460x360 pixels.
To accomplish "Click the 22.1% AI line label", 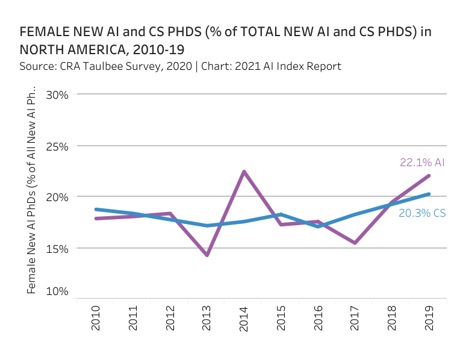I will click(x=422, y=163).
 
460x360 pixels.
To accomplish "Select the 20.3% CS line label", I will click(x=422, y=213).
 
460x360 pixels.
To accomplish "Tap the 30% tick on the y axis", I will click(x=56, y=95).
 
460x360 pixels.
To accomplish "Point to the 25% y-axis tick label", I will click(x=56, y=146).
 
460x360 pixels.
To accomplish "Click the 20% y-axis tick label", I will click(x=56, y=197).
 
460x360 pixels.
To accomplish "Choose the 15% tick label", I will click(x=56, y=248).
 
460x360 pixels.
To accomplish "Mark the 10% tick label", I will click(x=56, y=291).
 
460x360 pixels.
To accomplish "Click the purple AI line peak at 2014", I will click(x=244, y=172).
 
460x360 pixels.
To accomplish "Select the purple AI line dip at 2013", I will click(x=207, y=255).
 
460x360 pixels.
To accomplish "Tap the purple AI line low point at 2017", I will click(x=355, y=243).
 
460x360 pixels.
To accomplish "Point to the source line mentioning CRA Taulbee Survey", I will click(x=181, y=66).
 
